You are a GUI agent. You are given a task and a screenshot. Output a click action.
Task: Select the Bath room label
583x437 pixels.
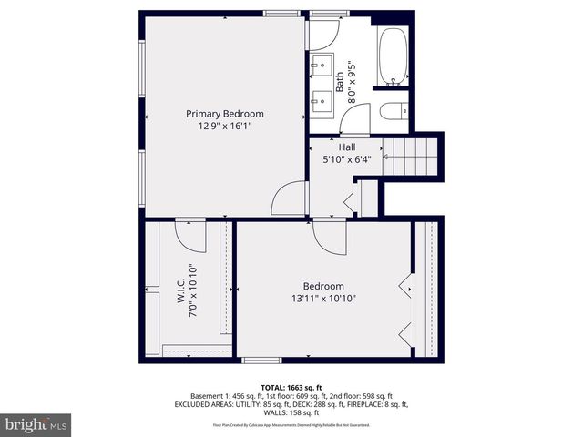coord(340,84)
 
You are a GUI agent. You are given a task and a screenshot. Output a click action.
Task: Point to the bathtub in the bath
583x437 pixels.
coord(393,56)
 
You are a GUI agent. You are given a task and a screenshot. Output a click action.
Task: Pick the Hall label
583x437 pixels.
coord(347,147)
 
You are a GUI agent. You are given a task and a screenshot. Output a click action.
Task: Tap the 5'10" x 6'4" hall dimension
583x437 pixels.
coord(347,159)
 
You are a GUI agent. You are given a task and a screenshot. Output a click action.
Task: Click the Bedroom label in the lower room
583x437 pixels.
coord(323,286)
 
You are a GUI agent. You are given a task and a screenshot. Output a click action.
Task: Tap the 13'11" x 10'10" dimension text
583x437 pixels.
coord(323,299)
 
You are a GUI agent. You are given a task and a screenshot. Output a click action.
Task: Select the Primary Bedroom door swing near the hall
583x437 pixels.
coord(291,199)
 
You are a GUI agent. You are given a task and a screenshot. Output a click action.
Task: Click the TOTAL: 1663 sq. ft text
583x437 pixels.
coord(291,387)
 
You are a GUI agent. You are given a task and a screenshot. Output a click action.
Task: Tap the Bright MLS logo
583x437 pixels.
coord(36,424)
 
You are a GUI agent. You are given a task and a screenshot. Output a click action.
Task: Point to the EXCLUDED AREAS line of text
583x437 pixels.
coord(291,405)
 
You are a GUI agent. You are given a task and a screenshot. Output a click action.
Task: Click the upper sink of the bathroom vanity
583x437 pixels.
coord(322,65)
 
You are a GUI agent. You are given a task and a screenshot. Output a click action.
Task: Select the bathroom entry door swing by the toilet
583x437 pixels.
coord(356,120)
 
